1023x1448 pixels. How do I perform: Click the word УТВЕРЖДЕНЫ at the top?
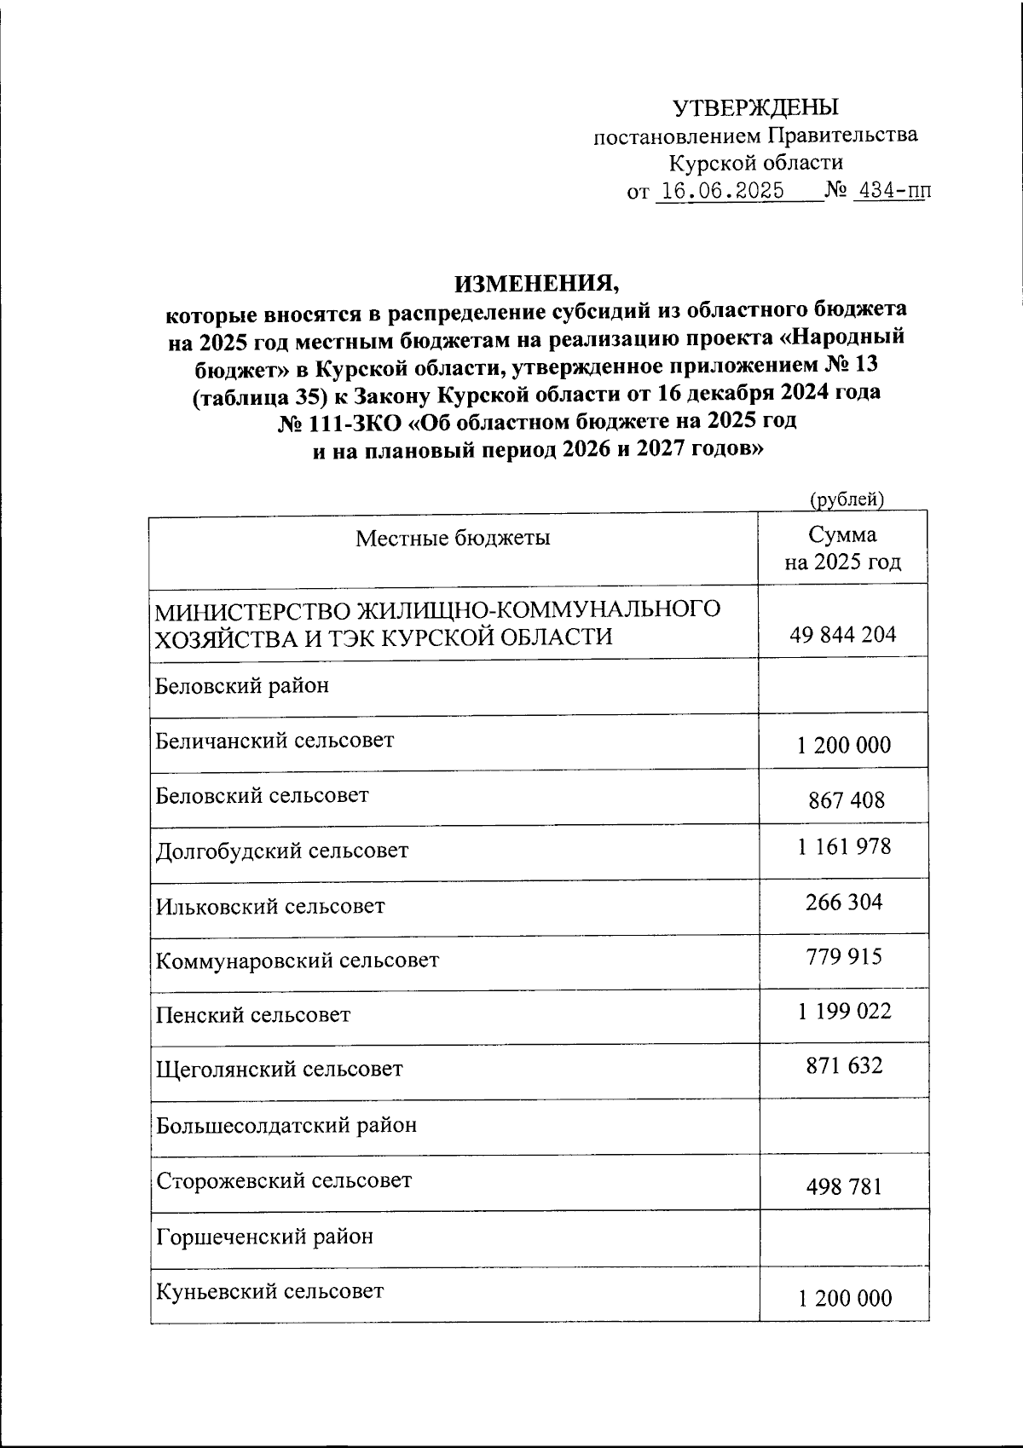tap(755, 107)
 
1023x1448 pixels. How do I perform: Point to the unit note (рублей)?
tap(845, 500)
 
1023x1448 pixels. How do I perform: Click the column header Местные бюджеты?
tap(453, 538)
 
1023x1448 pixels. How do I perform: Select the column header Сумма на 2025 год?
tap(842, 548)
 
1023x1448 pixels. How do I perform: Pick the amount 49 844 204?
tap(842, 634)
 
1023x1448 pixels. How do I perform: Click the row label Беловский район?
tap(242, 685)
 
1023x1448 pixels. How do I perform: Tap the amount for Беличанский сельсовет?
tap(844, 745)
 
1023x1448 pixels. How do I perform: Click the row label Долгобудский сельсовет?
tap(282, 851)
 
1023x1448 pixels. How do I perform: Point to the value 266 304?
tap(844, 901)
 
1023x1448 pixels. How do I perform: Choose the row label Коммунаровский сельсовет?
tap(298, 961)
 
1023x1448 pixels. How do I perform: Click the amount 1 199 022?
tap(844, 1011)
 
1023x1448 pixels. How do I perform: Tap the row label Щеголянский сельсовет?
tap(280, 1069)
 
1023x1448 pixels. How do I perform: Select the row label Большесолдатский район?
tap(286, 1125)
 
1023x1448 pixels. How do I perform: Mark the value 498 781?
tap(844, 1186)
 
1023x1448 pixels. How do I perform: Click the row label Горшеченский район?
tap(264, 1236)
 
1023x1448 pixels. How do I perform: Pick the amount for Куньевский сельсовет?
tap(844, 1298)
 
